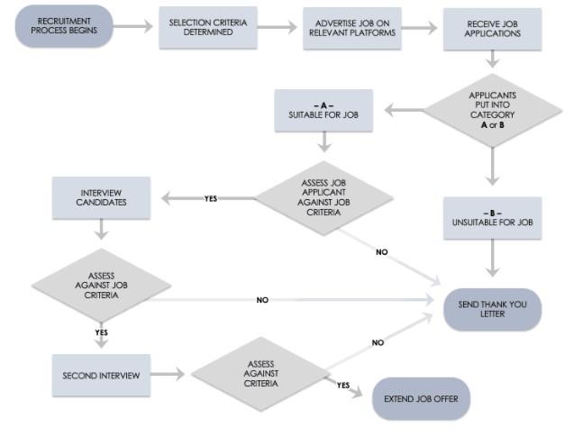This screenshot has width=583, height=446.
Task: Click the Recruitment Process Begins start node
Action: (64, 26)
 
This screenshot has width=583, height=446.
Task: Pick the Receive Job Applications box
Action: (493, 28)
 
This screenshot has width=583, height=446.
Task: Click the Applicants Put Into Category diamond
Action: (492, 110)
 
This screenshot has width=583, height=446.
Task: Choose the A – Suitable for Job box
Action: (323, 111)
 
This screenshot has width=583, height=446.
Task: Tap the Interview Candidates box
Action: (102, 197)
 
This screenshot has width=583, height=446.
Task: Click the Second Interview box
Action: (101, 375)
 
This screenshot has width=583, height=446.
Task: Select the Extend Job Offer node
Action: (421, 397)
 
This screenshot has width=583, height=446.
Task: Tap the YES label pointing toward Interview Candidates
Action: (210, 198)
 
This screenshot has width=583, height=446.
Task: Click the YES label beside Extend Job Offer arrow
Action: (342, 385)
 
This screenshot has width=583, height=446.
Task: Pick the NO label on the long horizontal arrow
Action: (262, 300)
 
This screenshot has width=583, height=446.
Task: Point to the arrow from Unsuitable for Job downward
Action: (492, 259)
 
